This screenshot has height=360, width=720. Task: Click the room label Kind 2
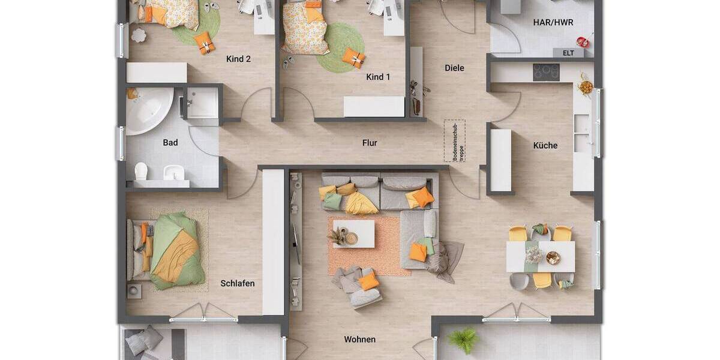238,59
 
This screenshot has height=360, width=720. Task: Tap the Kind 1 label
378,77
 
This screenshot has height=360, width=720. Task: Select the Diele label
454,68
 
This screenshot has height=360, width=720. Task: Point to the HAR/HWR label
553,22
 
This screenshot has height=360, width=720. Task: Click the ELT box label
568,53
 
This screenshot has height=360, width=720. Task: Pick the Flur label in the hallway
370,143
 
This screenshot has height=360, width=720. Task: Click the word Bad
170,143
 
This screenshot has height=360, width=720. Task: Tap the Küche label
545,145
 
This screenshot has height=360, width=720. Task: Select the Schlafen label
238,283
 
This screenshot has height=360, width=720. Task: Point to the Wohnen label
360,340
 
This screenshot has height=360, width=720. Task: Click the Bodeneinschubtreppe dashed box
454,140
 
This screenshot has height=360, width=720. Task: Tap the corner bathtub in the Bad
147,110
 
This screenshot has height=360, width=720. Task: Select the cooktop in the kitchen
546,73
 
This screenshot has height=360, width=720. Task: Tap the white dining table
541,257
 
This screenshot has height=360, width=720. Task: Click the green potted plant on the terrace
463,340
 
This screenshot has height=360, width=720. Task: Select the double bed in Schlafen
165,249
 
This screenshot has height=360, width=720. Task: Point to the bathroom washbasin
173,172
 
